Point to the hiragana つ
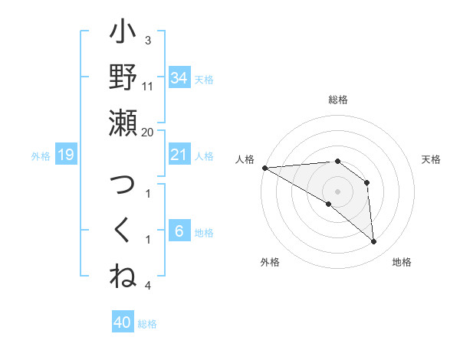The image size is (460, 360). [x=123, y=186]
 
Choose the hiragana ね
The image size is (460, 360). [x=123, y=276]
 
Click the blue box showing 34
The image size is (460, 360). [x=179, y=77]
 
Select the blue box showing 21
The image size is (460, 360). [x=179, y=155]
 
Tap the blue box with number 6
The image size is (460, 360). [x=179, y=231]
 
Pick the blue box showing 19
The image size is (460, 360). [x=65, y=155]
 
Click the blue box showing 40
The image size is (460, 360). [x=123, y=322]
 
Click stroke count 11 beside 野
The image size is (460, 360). [x=148, y=86]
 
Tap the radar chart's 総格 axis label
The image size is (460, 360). [x=338, y=100]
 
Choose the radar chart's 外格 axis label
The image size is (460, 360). [x=269, y=262]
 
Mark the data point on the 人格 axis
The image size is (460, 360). [x=264, y=167]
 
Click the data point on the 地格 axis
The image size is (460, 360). [x=374, y=242]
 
